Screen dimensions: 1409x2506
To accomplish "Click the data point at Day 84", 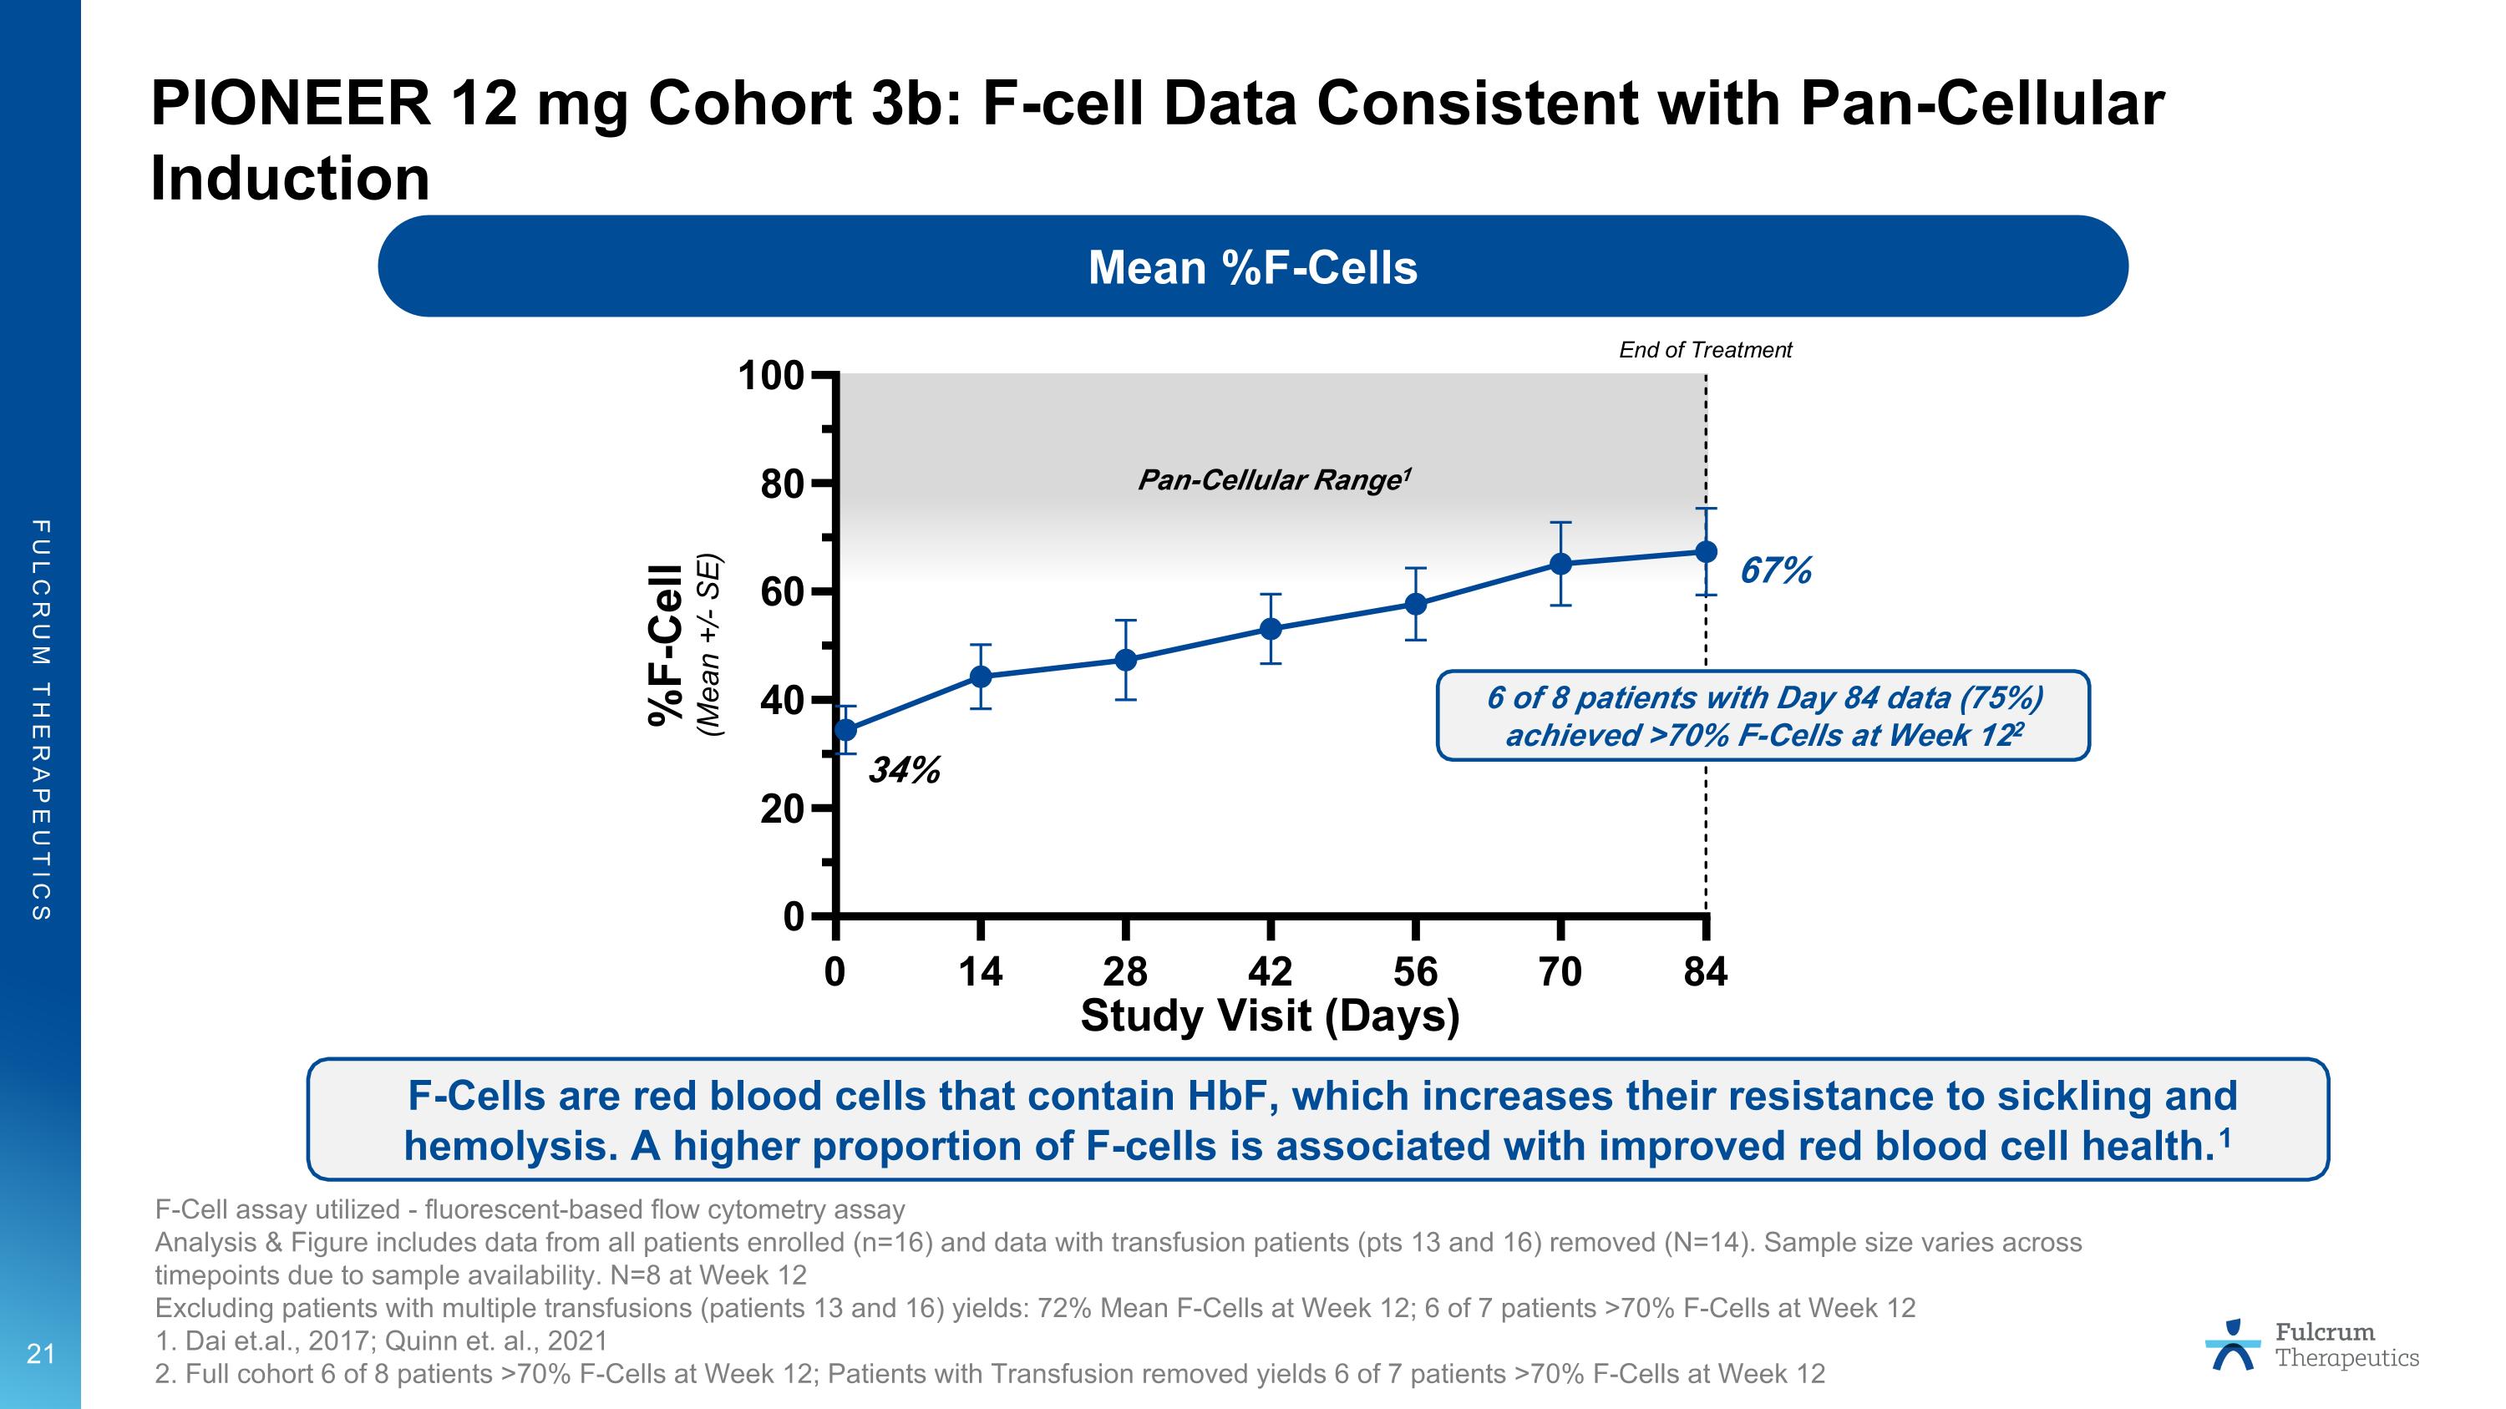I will pyautogui.click(x=1706, y=552).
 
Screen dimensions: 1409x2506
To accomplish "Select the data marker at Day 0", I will pyautogui.click(x=845, y=730).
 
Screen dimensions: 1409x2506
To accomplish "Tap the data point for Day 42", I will pyautogui.click(x=1271, y=629).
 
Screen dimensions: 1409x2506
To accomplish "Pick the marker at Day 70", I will pyautogui.click(x=1560, y=564).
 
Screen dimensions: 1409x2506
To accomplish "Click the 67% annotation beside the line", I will pyautogui.click(x=1775, y=570).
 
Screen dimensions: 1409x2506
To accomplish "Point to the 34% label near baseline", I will pyautogui.click(x=904, y=771).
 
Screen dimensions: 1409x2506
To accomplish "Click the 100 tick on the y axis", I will pyautogui.click(x=770, y=375).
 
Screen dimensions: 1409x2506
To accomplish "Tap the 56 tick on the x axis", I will pyautogui.click(x=1415, y=971).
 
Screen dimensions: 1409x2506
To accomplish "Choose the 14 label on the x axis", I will pyautogui.click(x=981, y=971).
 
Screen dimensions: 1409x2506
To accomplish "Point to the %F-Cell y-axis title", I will pyautogui.click(x=667, y=645).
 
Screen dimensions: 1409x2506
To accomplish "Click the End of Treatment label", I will pyautogui.click(x=1704, y=350).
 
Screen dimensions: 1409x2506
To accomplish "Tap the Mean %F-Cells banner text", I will pyautogui.click(x=1252, y=267).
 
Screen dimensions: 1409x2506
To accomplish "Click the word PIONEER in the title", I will pyautogui.click(x=290, y=103).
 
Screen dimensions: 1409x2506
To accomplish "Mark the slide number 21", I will pyautogui.click(x=41, y=1354).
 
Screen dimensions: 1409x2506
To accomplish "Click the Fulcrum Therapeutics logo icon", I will pyautogui.click(x=2234, y=1345).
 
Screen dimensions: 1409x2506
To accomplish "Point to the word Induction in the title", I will pyautogui.click(x=290, y=179).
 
